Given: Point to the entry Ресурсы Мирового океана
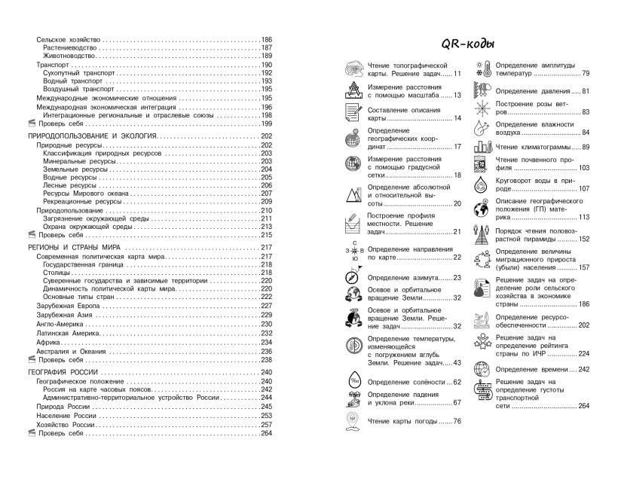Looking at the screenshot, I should pos(84,194).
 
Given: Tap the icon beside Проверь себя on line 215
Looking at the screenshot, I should pos(21,235).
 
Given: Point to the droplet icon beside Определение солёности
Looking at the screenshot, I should pos(352,383).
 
